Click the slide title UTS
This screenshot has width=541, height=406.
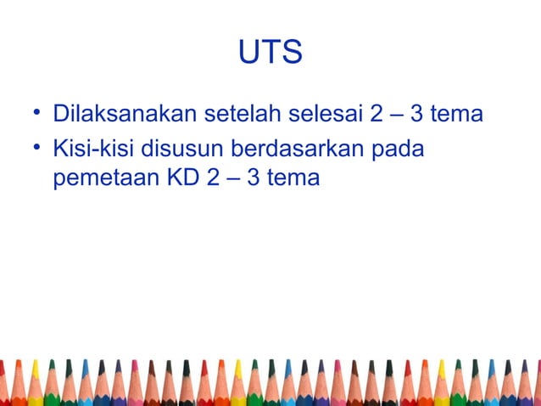pos(270,53)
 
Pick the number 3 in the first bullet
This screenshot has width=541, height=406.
pos(418,113)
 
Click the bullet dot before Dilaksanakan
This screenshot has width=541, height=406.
pos(38,113)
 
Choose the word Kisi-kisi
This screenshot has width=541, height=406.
pos(93,149)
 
